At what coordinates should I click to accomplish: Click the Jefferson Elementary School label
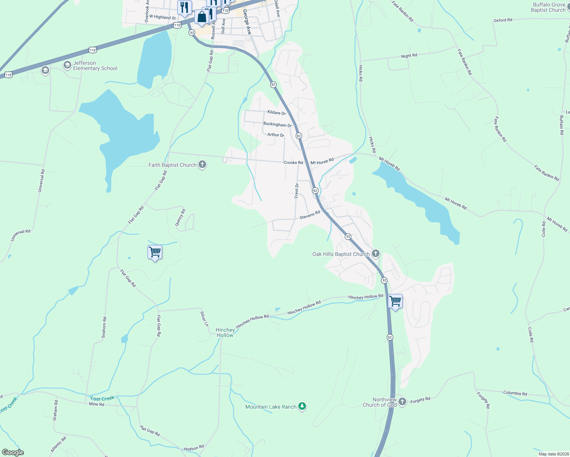(95, 66)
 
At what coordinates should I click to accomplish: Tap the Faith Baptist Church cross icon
(202, 165)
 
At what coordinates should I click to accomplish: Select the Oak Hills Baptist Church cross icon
(376, 254)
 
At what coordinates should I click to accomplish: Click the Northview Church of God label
(379, 402)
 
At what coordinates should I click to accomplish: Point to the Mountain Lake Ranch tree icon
(302, 407)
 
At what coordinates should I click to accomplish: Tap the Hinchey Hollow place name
(225, 332)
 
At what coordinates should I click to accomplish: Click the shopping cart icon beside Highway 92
(395, 302)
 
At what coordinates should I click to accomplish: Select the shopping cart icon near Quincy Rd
(155, 252)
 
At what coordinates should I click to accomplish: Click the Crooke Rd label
(293, 163)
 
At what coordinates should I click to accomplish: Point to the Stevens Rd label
(310, 215)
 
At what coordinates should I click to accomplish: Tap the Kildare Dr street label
(276, 113)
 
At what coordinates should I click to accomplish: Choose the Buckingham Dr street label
(277, 125)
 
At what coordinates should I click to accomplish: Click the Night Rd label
(409, 56)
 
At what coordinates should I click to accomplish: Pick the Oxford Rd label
(503, 20)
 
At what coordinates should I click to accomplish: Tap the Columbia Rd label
(515, 393)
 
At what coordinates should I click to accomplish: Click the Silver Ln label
(205, 319)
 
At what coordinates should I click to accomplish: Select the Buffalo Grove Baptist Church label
(548, 7)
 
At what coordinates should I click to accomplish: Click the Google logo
(13, 452)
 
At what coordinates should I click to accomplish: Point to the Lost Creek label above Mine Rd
(102, 399)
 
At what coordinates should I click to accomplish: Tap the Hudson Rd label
(194, 448)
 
